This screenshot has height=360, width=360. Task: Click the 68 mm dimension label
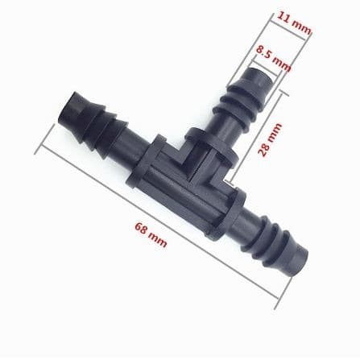tap(151, 234)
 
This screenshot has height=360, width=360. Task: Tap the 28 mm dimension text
tap(270, 139)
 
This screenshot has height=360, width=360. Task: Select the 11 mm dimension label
tap(294, 23)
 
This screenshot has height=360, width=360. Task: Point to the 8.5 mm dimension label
tap(273, 59)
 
